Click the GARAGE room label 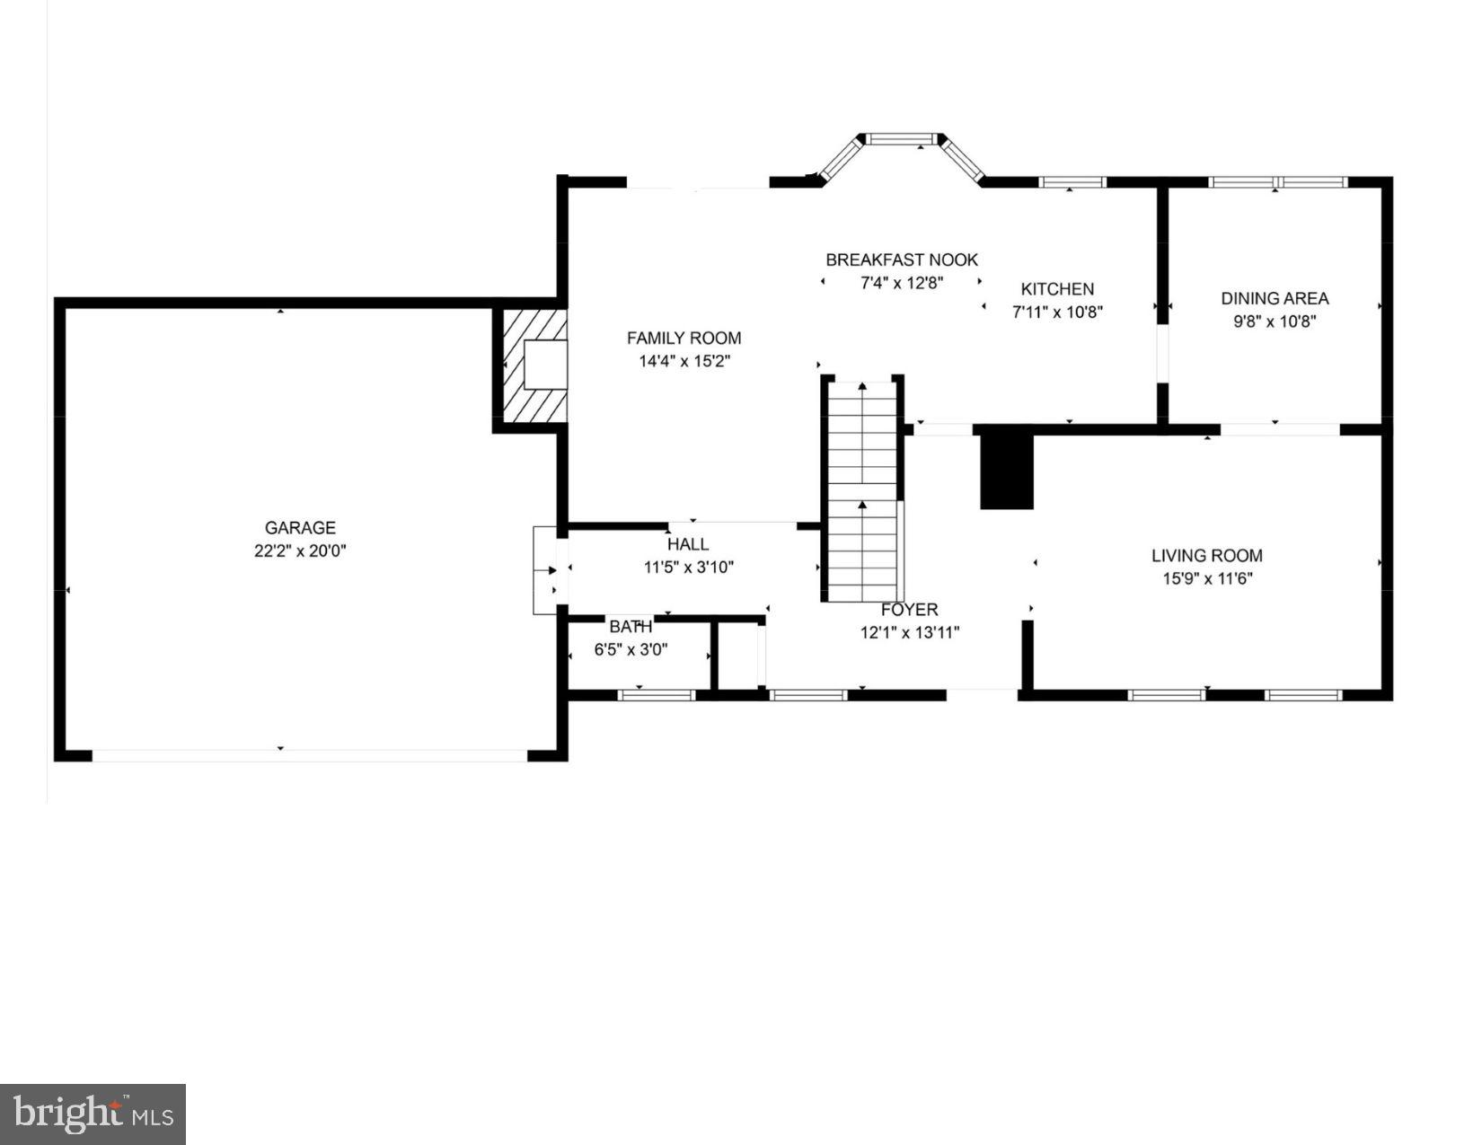click(300, 528)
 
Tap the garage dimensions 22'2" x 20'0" click(300, 550)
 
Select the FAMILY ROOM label click(684, 338)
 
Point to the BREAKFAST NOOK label click(902, 260)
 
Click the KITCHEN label click(1057, 289)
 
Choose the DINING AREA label click(1275, 298)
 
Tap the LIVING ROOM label click(1207, 556)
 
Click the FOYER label click(909, 610)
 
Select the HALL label click(688, 544)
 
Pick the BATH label click(631, 627)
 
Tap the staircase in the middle click(862, 489)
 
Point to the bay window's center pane click(902, 139)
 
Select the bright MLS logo click(93, 1114)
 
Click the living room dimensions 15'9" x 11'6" click(1207, 579)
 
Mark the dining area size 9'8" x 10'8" click(1275, 321)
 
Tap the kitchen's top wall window click(1072, 182)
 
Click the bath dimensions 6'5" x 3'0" click(631, 650)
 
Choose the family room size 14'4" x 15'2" click(684, 361)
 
